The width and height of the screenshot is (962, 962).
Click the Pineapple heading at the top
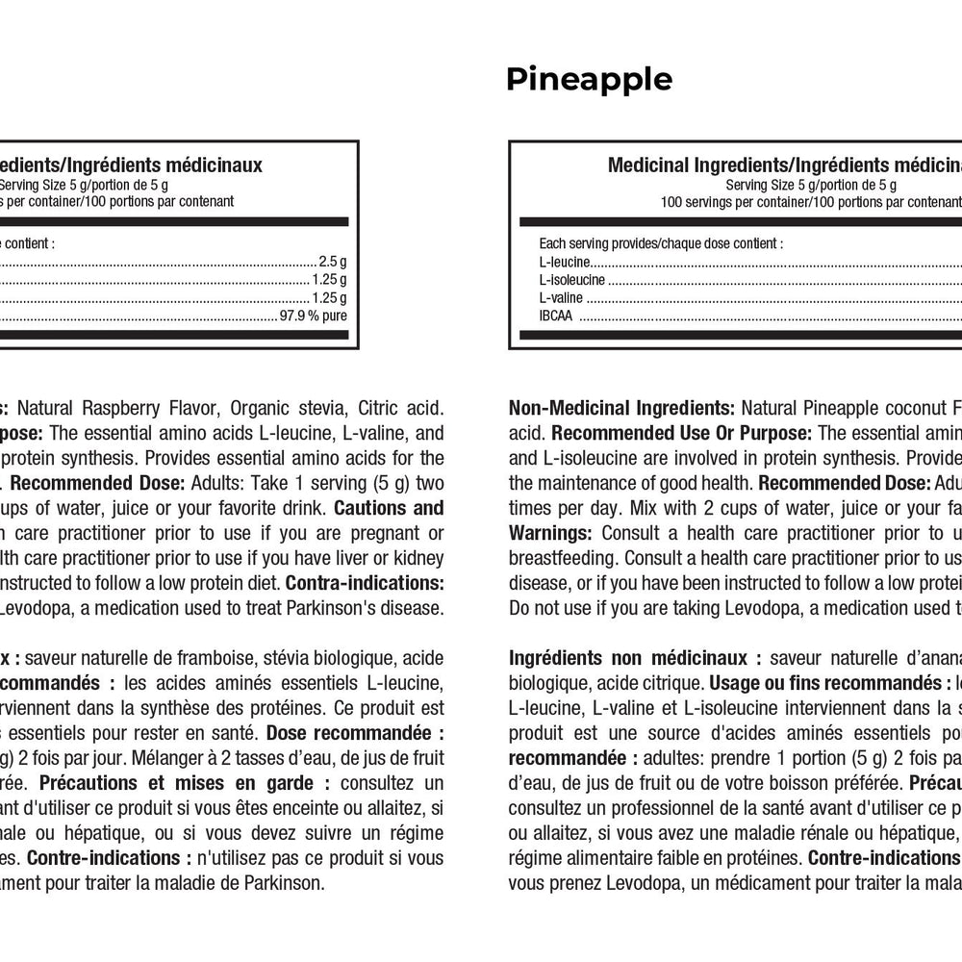589,79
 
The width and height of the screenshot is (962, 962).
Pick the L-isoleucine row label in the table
572,280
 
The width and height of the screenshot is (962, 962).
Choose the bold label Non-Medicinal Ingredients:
621,407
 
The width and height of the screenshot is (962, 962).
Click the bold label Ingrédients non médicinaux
635,658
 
